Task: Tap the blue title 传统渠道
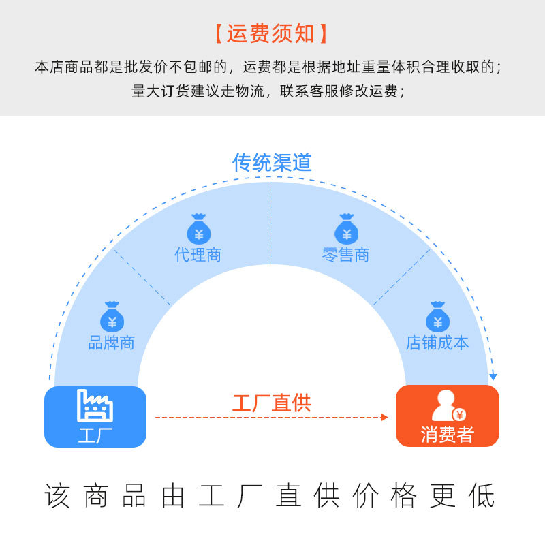point(272,162)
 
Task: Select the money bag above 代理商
point(198,230)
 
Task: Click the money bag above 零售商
point(346,230)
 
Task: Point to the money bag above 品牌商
point(112,317)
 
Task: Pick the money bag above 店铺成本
point(437,317)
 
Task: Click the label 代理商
point(198,255)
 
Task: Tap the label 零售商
point(346,255)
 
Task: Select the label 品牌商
point(112,343)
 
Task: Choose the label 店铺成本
point(437,343)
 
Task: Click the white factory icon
point(95,406)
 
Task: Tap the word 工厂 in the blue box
point(95,434)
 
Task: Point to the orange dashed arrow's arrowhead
point(385,416)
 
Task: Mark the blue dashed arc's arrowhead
point(493,377)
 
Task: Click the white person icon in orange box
point(443,405)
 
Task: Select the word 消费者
point(447,434)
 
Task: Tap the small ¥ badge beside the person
point(461,414)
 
